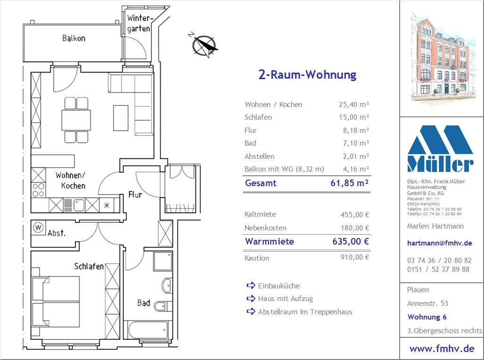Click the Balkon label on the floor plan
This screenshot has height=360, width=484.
tap(74, 38)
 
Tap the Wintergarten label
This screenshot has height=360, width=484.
tap(139, 24)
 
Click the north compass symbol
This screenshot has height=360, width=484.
tap(204, 45)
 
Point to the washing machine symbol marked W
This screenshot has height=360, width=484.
tap(38, 228)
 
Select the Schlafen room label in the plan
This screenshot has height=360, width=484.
tap(89, 266)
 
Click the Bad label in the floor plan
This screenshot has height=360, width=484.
tap(144, 303)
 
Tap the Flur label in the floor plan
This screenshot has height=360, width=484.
tap(135, 195)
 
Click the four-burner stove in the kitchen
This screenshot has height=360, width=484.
tap(38, 190)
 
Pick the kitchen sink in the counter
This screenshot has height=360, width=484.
tap(79, 205)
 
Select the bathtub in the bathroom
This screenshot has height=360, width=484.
tap(146, 330)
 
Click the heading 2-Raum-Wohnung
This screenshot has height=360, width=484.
tap(307, 74)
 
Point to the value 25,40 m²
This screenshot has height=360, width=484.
tap(354, 104)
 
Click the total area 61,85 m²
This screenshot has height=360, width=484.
tap(349, 183)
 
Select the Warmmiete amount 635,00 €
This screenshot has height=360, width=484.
tap(351, 241)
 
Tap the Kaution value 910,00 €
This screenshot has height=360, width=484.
tap(355, 257)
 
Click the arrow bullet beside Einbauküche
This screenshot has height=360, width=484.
tap(251, 285)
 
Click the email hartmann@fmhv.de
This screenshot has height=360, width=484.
tap(440, 243)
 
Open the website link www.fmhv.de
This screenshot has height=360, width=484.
tap(442, 349)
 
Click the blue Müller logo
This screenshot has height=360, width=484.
tap(440, 148)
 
